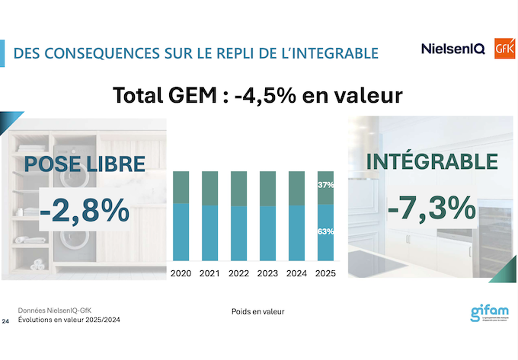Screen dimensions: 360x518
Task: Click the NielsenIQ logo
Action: [x=452, y=49]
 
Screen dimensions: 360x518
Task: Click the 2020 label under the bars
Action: [x=181, y=273]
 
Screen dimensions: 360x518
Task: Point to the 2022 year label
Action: [x=238, y=273]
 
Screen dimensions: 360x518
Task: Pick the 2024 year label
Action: [x=296, y=273]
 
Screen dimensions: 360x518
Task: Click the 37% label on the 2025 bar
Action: [x=325, y=185]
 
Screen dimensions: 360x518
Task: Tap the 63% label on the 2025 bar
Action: [x=325, y=231]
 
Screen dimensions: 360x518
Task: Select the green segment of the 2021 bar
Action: [x=209, y=188]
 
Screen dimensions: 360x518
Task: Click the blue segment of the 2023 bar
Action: [x=267, y=234]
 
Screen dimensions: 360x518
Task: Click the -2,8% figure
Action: [x=85, y=210]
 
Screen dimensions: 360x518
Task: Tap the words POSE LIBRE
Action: [x=85, y=164]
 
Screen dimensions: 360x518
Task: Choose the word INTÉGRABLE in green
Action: [x=432, y=161]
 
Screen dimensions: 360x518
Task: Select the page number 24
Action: [x=6, y=322]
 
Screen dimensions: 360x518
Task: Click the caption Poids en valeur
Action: [x=258, y=312]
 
